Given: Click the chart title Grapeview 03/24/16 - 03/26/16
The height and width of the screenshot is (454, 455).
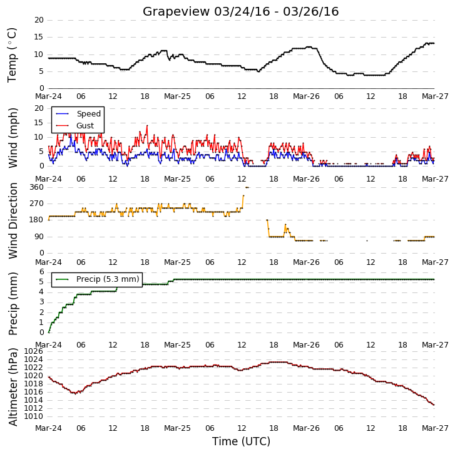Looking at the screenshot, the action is pyautogui.click(x=240, y=12).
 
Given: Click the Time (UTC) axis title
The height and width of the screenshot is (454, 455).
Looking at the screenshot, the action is pyautogui.click(x=241, y=441).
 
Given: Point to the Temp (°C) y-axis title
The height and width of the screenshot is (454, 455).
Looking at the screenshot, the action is pyautogui.click(x=12, y=55).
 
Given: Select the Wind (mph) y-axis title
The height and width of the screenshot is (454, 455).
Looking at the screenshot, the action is pyautogui.click(x=13, y=138).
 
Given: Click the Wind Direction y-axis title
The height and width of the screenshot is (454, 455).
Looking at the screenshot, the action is pyautogui.click(x=13, y=220).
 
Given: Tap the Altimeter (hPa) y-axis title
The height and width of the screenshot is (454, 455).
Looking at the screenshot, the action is pyautogui.click(x=13, y=387).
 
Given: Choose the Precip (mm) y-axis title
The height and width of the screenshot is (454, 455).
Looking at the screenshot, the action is pyautogui.click(x=13, y=304).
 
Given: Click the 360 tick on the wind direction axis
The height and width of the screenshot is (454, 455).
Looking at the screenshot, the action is pyautogui.click(x=36, y=187).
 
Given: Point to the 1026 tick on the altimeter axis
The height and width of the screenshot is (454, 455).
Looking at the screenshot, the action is pyautogui.click(x=33, y=351).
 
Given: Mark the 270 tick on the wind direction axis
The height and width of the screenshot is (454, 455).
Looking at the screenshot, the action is pyautogui.click(x=36, y=204).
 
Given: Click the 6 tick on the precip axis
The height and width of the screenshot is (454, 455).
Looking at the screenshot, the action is pyautogui.click(x=42, y=272).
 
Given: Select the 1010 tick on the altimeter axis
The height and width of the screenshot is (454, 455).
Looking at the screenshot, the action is pyautogui.click(x=33, y=416).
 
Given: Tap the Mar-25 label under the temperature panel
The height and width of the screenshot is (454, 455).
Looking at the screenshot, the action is pyautogui.click(x=177, y=96).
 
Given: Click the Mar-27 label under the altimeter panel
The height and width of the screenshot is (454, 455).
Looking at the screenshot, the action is pyautogui.click(x=435, y=428).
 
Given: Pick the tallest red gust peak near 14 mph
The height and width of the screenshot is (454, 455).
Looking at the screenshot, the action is pyautogui.click(x=147, y=126).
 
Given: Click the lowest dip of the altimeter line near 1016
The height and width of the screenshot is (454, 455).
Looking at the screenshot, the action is pyautogui.click(x=76, y=393).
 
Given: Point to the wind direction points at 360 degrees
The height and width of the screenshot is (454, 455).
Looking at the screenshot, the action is pyautogui.click(x=247, y=187).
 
